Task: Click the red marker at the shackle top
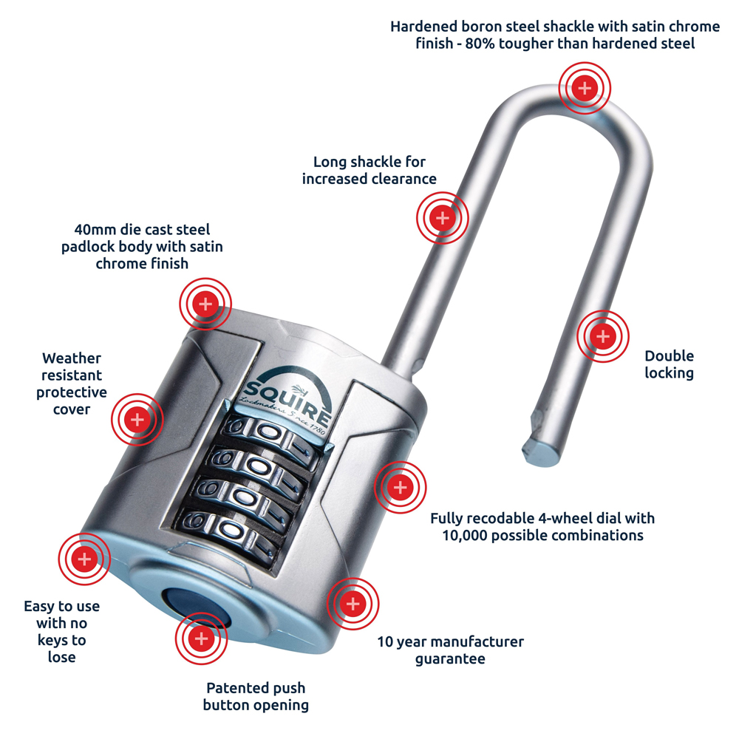coord(585,89)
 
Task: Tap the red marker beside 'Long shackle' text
coord(442,218)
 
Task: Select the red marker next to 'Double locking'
coord(603,336)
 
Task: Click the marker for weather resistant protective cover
coord(137,420)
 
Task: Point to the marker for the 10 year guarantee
coord(353,605)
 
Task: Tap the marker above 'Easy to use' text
coord(84,559)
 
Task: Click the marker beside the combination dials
coord(400,487)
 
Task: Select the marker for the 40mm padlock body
coord(205,303)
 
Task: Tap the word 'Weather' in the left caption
coord(72,358)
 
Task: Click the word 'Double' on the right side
coord(669,356)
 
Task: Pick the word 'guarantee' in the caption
coord(450,658)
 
